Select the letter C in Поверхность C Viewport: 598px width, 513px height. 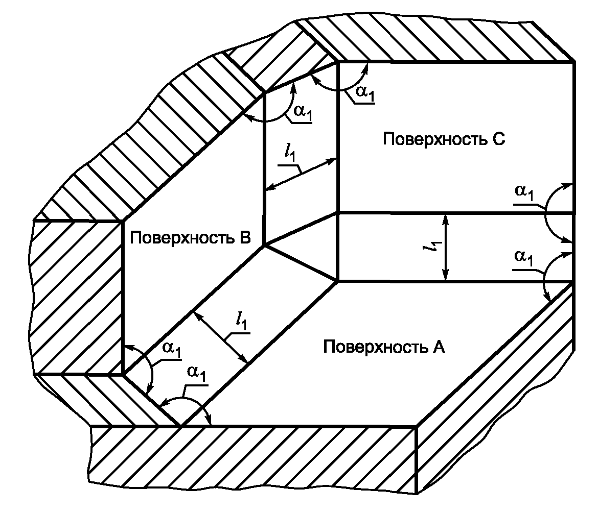tap(499, 139)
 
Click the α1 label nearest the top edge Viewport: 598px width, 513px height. tap(362, 92)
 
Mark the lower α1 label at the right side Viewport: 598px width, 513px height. tap(524, 257)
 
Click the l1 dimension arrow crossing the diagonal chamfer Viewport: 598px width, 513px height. tap(221, 337)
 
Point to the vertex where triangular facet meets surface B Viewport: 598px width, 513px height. tap(264, 246)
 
